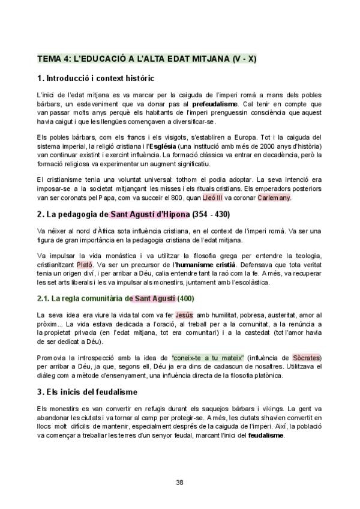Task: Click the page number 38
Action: (x=179, y=482)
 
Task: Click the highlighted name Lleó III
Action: (x=230, y=197)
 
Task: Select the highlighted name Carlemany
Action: (x=274, y=197)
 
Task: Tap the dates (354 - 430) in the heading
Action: (x=211, y=214)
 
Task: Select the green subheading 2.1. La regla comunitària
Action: (x=83, y=298)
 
